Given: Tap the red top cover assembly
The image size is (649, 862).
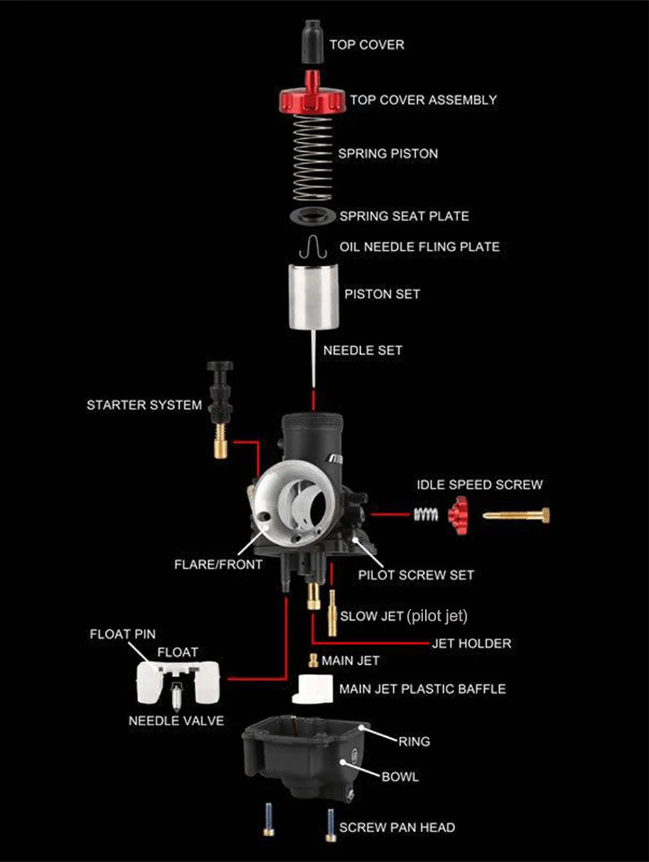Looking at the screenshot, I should coord(311,99).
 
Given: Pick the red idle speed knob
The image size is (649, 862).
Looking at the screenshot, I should coord(458,516).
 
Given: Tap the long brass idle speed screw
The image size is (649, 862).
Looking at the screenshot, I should coord(517,516).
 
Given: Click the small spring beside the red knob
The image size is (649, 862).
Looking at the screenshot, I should coord(426,514).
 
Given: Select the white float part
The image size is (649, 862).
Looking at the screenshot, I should coord(177,680).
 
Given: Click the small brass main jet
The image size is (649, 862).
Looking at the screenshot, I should coord(313,661).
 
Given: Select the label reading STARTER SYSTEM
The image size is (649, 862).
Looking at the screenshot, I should coord(144,405).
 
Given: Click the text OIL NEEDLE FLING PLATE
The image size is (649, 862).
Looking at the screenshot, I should coord(419,247).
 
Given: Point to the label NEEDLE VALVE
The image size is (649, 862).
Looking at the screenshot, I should coord(176,721).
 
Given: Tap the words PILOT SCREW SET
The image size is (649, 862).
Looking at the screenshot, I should coord(415,575).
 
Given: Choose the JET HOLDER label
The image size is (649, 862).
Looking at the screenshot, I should coord(471,643).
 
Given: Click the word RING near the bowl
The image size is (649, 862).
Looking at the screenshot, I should coord(414,741).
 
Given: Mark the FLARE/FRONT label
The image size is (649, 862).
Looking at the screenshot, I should coord(218,564).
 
